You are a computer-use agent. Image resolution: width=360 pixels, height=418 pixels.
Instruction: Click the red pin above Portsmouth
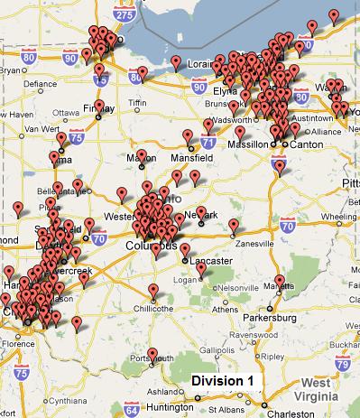coord(152,354)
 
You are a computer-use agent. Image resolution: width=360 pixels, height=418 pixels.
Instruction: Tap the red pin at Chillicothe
coord(153,290)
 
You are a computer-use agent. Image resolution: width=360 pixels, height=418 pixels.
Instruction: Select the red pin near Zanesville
coord(234,225)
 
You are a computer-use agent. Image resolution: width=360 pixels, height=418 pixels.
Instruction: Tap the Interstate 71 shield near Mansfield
coord(208,143)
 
